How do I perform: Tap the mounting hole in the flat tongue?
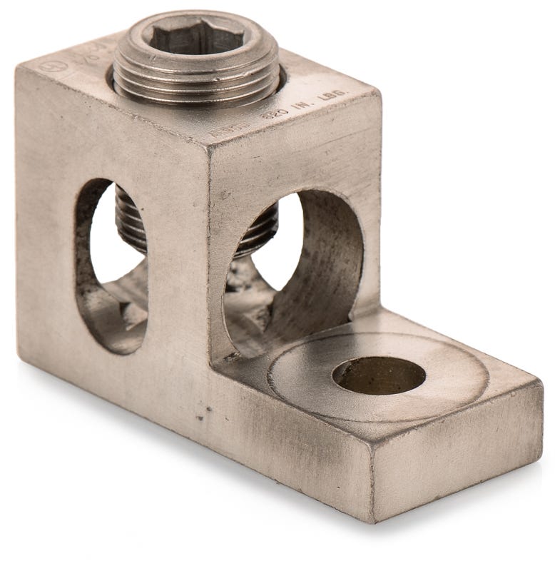378,375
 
